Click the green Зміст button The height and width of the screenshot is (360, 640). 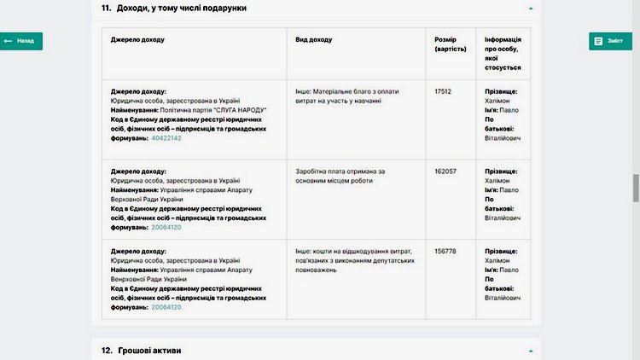[x=610, y=41]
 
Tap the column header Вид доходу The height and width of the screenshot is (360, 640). [x=313, y=39]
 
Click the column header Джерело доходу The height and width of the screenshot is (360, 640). [x=137, y=39]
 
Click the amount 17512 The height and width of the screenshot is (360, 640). [x=443, y=90]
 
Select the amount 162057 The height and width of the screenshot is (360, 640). [x=445, y=171]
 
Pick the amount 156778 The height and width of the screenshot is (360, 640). [x=445, y=251]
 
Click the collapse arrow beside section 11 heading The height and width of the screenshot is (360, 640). [x=530, y=8]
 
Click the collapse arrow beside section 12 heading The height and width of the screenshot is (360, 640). [x=530, y=350]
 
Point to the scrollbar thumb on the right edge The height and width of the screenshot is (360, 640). [x=636, y=188]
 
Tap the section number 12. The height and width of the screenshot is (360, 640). [x=107, y=350]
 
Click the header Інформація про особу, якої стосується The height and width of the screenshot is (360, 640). [x=503, y=53]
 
